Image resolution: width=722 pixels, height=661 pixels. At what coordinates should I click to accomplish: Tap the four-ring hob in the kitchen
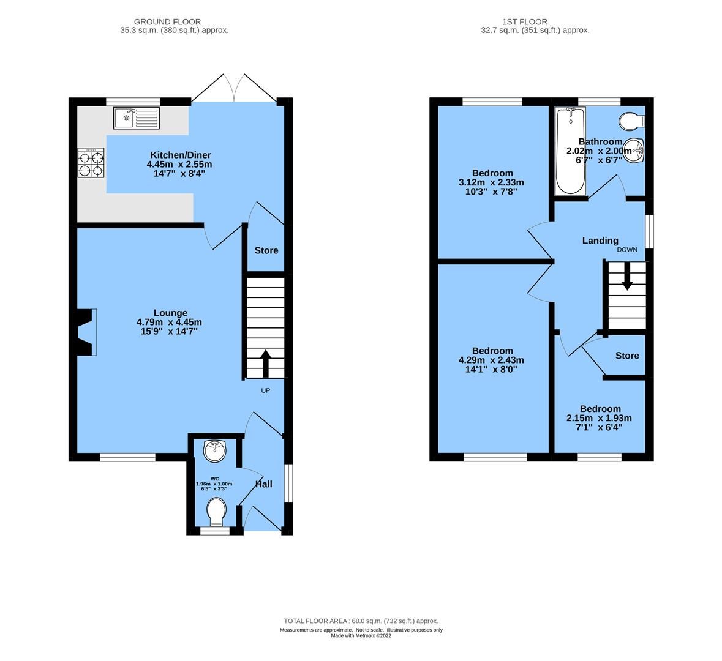point(90,163)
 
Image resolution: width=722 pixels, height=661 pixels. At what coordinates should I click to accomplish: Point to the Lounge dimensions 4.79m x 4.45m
point(170,322)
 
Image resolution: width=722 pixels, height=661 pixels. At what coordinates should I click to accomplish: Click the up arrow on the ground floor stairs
point(266,363)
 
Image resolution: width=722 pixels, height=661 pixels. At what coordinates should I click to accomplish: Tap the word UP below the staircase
point(266,390)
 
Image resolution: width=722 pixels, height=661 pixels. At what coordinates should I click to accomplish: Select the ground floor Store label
point(266,250)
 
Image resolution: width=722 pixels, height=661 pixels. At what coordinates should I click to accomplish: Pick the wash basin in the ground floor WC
point(215,451)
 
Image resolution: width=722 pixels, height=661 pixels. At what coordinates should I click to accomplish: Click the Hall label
point(264,484)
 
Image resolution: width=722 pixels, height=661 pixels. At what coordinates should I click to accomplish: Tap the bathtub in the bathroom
point(570,151)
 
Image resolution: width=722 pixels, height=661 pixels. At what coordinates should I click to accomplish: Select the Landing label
point(600,241)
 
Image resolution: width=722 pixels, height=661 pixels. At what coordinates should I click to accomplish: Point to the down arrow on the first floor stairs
point(627,280)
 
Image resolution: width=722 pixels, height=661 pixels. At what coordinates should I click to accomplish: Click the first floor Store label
point(627,356)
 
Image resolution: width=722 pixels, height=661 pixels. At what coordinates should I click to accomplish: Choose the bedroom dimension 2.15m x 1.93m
point(600,418)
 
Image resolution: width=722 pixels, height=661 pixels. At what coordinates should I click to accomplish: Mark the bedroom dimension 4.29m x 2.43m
point(492,360)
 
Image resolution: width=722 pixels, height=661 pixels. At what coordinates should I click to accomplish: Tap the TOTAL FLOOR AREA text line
point(361,621)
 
